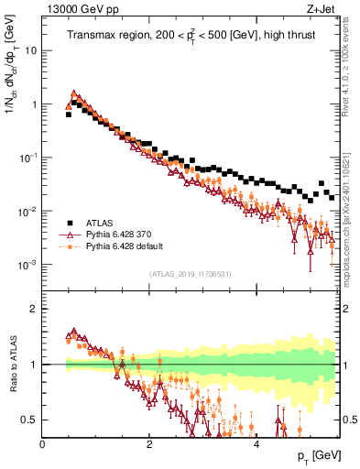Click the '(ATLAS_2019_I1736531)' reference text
pos(191,275)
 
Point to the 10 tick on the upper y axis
pos(31,50)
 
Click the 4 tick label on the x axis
pos(256,442)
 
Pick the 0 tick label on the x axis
pos(42,442)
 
